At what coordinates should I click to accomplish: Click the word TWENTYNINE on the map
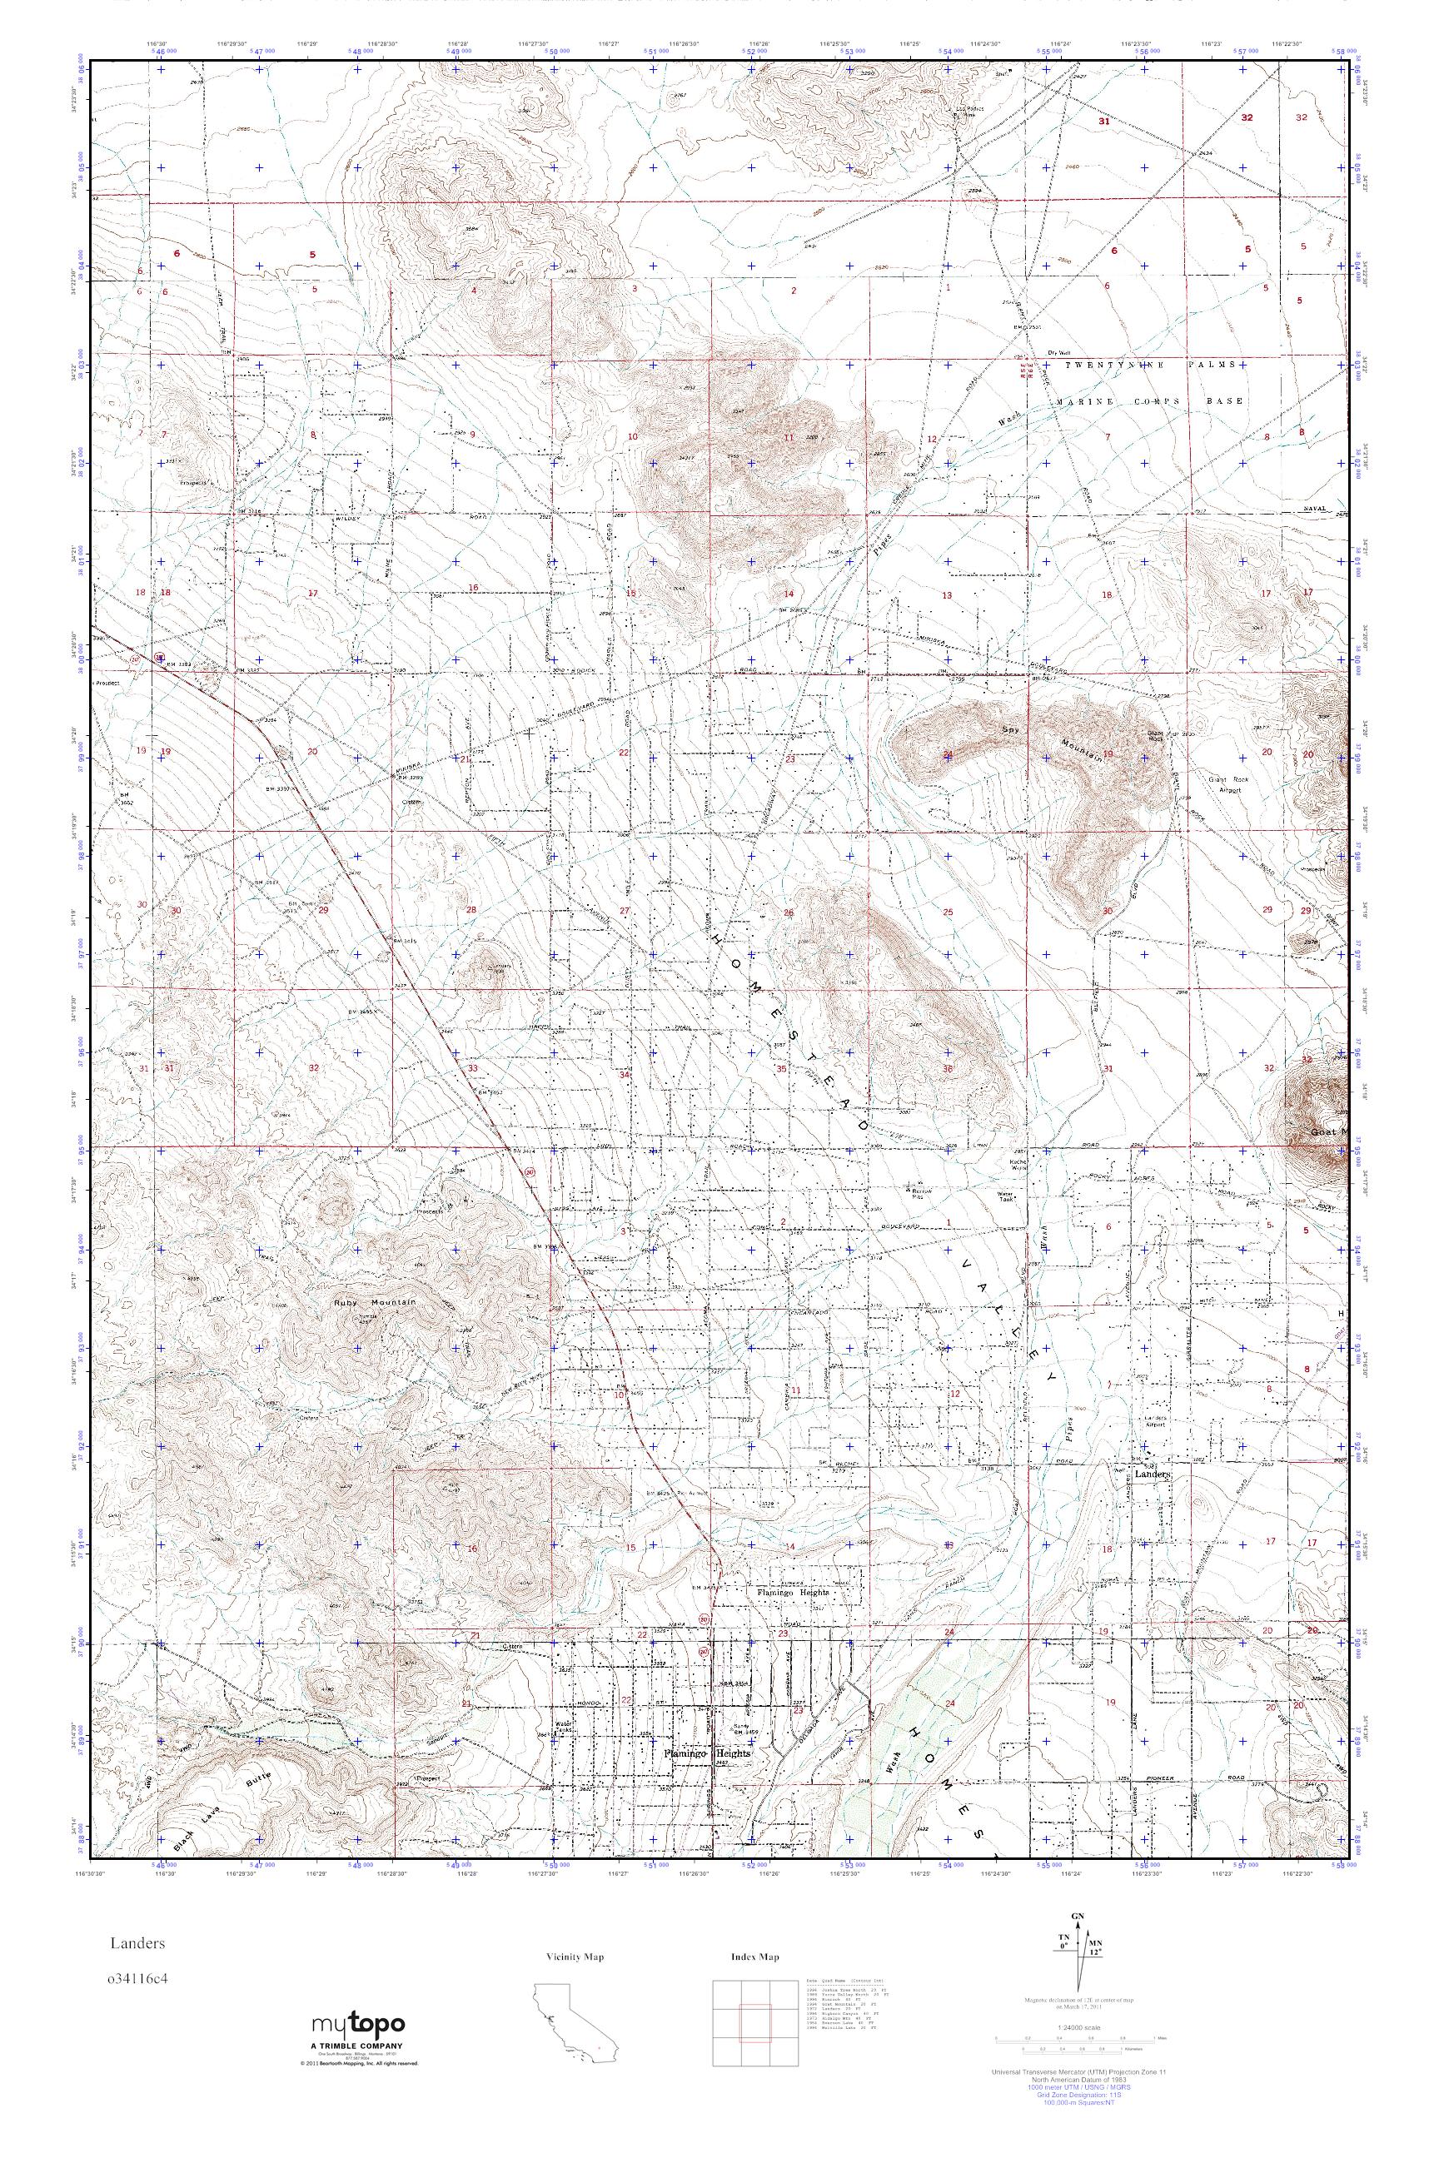[x=1100, y=365]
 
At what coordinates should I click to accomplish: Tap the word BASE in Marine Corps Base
[x=1227, y=401]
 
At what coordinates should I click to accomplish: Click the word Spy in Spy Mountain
[x=1009, y=730]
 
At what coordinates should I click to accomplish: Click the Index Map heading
[x=754, y=1957]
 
